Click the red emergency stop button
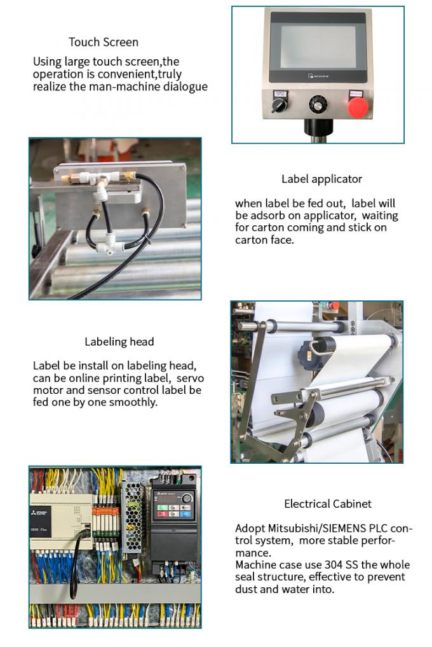(x=358, y=107)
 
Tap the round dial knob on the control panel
(x=318, y=104)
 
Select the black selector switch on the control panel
(x=279, y=105)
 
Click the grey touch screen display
(x=318, y=46)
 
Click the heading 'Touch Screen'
(x=104, y=42)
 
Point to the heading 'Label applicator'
(x=321, y=179)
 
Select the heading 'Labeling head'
(x=119, y=342)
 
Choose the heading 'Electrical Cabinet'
(x=328, y=504)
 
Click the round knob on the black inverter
(x=187, y=498)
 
